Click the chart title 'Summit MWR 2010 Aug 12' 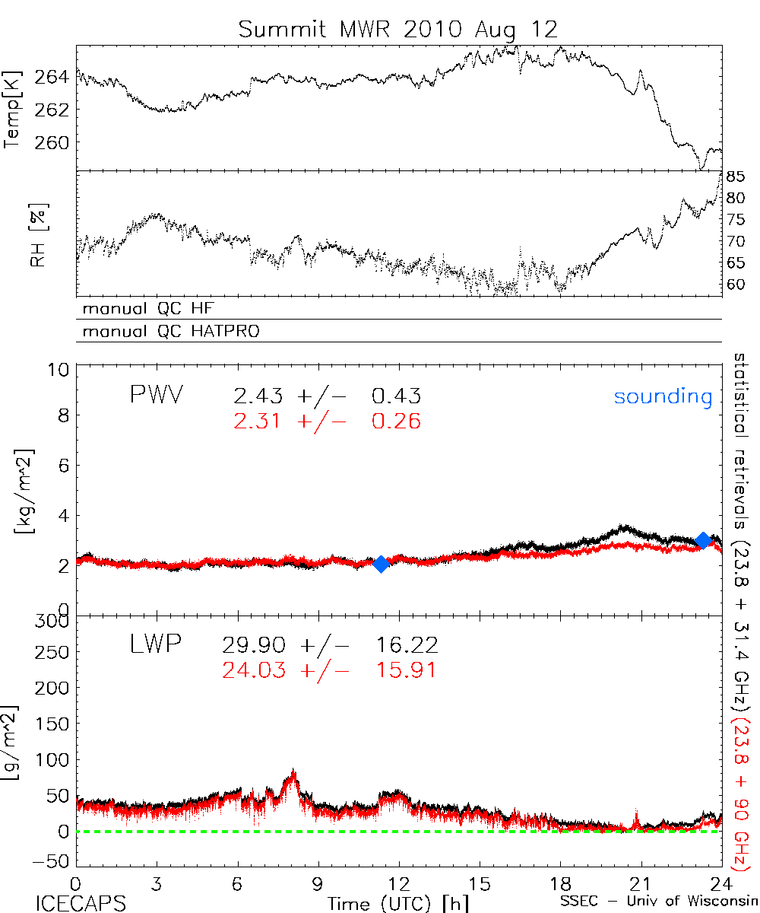pos(398,30)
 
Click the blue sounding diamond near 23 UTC pos(703,540)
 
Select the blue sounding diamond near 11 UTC pos(381,564)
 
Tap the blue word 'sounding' pos(663,396)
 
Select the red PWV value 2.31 pos(257,421)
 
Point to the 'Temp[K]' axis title pos(14,108)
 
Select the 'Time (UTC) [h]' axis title pos(388,902)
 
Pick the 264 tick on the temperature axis pos(57,77)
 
